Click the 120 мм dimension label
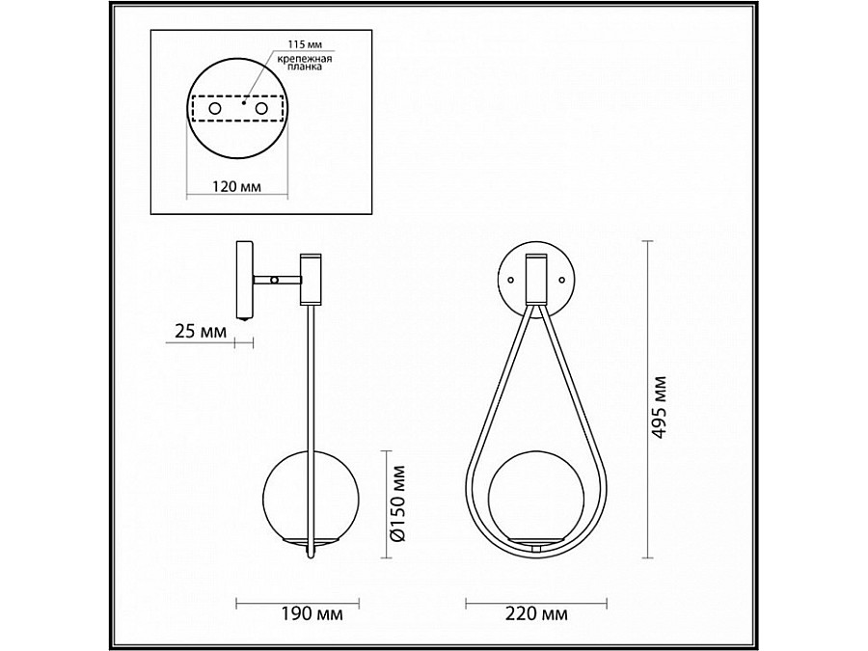coord(237,186)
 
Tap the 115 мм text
coord(305,44)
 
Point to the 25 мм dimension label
coord(201,332)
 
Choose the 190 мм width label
coord(312,613)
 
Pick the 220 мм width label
coord(536,613)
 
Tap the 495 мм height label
coord(659,407)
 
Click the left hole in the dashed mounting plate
coord(214,109)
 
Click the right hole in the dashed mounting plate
coord(260,109)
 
